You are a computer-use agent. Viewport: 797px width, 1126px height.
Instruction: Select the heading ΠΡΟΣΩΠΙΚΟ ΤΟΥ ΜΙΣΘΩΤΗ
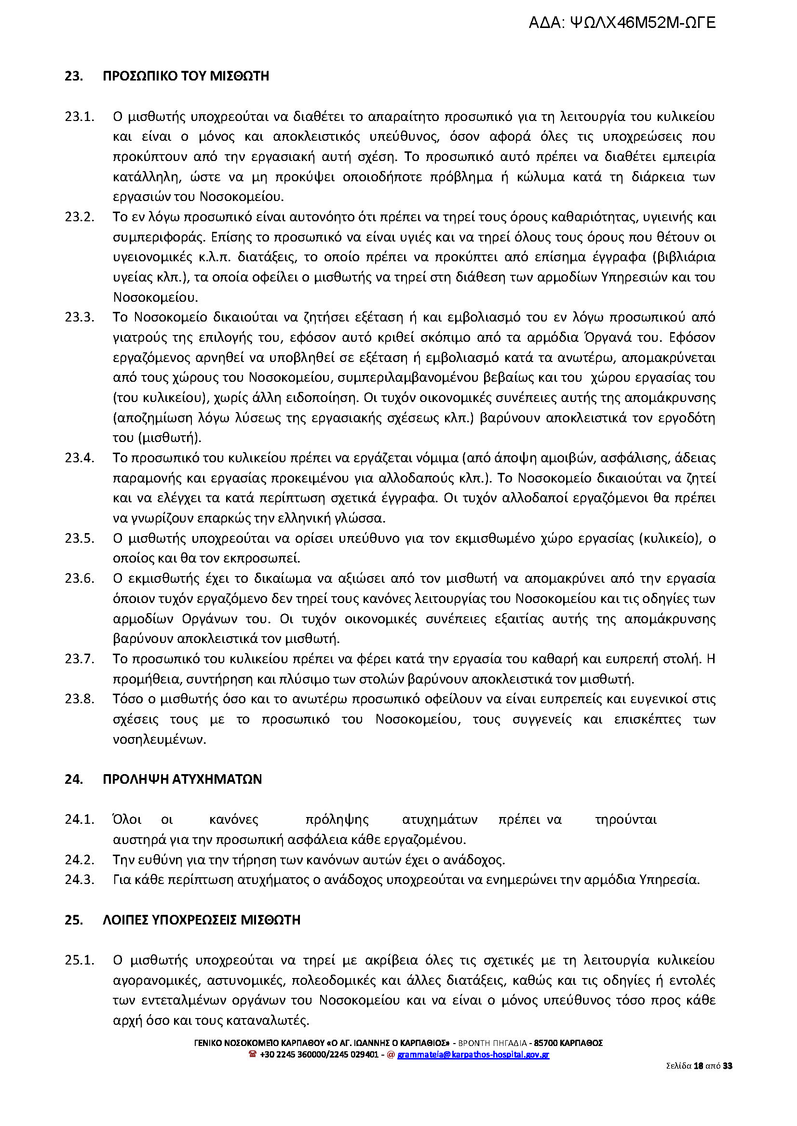coord(186,76)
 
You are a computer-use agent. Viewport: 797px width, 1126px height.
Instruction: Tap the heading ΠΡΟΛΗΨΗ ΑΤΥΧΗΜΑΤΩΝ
coord(182,779)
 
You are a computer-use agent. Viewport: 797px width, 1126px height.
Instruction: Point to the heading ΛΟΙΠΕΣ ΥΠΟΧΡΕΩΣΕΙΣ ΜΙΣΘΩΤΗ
coord(201,919)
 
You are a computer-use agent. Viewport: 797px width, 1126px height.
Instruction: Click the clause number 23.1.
coord(79,117)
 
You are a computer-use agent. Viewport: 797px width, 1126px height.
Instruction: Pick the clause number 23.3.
coord(79,317)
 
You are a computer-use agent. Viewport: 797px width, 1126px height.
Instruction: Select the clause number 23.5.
coord(79,538)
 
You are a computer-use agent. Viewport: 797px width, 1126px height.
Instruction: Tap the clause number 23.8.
coord(79,698)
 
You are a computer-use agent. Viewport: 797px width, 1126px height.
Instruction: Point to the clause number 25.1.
coord(79,960)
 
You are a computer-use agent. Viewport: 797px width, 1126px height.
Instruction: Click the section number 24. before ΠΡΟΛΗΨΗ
coord(74,779)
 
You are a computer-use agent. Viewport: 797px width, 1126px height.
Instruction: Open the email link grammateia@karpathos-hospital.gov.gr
coord(473,1054)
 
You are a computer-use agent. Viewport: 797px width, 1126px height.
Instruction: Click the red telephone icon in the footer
coord(253,1054)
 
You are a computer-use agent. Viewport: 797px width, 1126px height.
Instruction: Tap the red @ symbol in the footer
coord(391,1054)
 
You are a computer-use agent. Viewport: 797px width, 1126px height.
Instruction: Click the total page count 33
coord(728,1066)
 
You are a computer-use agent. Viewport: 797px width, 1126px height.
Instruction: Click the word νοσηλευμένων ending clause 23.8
coord(160,739)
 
